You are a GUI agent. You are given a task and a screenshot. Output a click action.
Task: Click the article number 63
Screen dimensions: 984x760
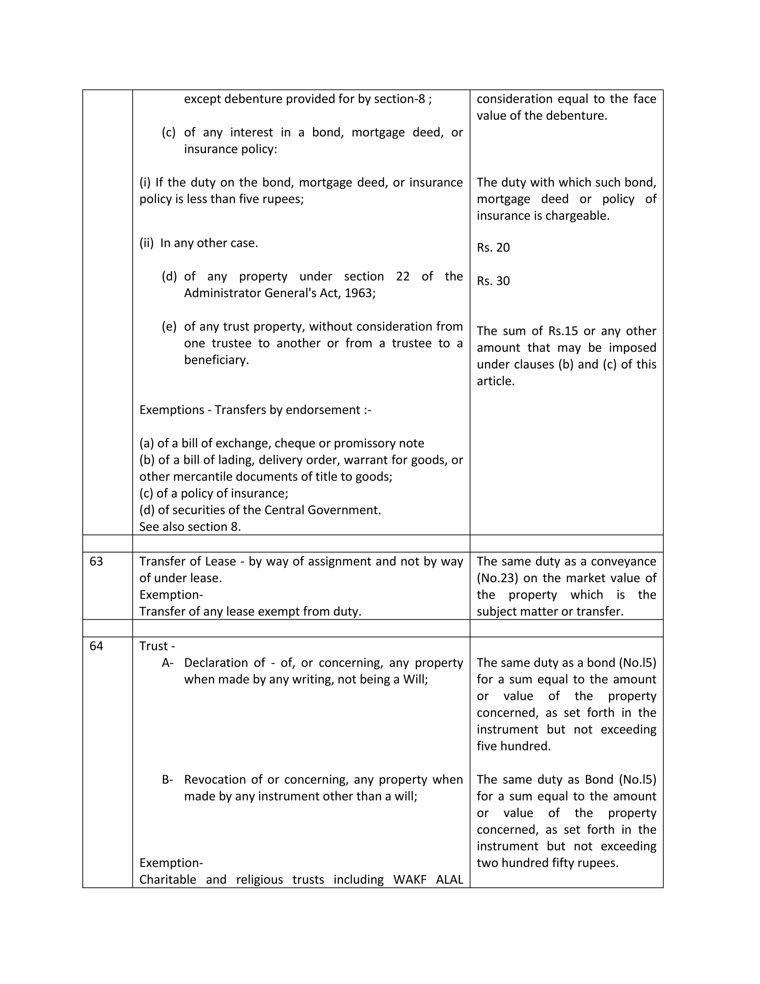[x=96, y=561]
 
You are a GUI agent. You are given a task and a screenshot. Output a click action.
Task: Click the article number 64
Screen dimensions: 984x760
[x=96, y=646]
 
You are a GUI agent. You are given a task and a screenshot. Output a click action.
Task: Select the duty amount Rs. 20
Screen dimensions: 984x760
[x=493, y=248]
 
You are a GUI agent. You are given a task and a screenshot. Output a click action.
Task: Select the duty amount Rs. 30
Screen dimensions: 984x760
[x=493, y=281]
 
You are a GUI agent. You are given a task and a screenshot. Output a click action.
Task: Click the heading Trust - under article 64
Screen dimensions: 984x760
[x=157, y=646]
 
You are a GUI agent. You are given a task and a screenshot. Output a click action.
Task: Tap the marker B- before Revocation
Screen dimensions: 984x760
[x=167, y=779]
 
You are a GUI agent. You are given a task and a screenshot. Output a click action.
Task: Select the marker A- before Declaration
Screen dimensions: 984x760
[x=167, y=663]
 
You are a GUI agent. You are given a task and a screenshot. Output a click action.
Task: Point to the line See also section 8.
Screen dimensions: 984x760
[x=190, y=527]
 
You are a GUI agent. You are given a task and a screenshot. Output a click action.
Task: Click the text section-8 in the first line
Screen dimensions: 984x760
[x=399, y=99]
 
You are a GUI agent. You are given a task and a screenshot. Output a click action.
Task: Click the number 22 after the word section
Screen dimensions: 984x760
[x=403, y=277]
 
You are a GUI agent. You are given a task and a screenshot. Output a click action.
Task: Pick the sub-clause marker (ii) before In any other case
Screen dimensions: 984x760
[x=146, y=243]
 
